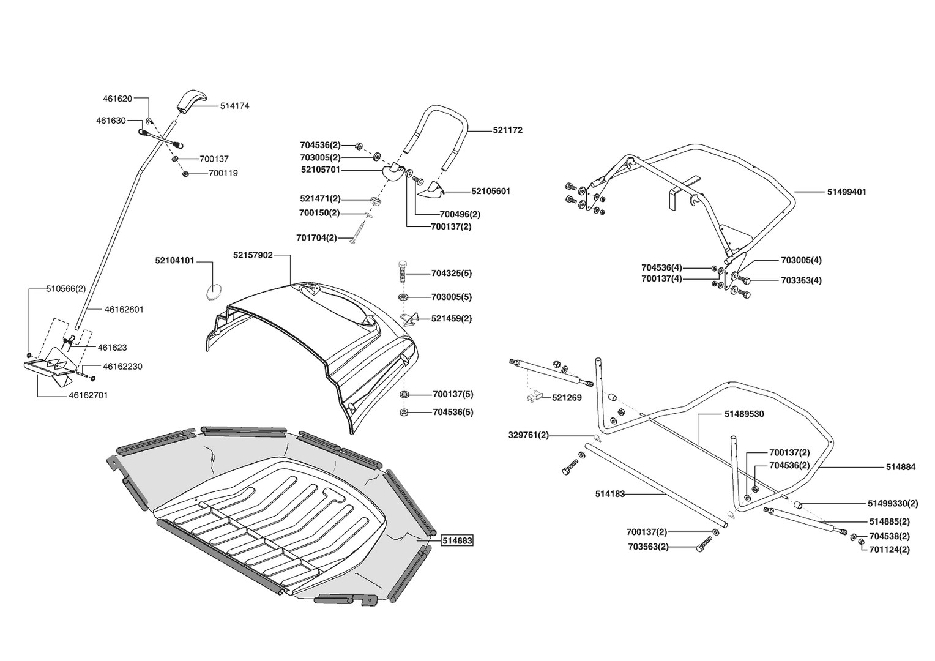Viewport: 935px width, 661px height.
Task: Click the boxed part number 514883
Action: [x=457, y=540]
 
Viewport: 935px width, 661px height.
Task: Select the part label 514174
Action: [x=234, y=106]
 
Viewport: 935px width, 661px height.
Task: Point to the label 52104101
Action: [x=174, y=261]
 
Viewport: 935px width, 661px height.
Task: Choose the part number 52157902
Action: [x=253, y=255]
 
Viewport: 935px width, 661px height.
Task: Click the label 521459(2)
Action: [x=452, y=319]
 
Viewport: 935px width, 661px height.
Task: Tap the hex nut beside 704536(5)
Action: [x=404, y=413]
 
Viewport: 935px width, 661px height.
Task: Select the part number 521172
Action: [x=508, y=130]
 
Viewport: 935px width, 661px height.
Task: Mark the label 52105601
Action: [x=491, y=191]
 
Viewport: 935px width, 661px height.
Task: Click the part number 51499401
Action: [x=846, y=192]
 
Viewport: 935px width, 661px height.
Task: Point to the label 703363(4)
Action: [x=801, y=280]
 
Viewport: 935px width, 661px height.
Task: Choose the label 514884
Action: [x=900, y=467]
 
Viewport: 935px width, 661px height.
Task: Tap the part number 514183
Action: [x=609, y=494]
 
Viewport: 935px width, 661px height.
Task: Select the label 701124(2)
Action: [x=889, y=550]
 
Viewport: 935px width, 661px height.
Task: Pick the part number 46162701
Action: [x=88, y=395]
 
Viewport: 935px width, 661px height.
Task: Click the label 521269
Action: [x=567, y=398]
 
